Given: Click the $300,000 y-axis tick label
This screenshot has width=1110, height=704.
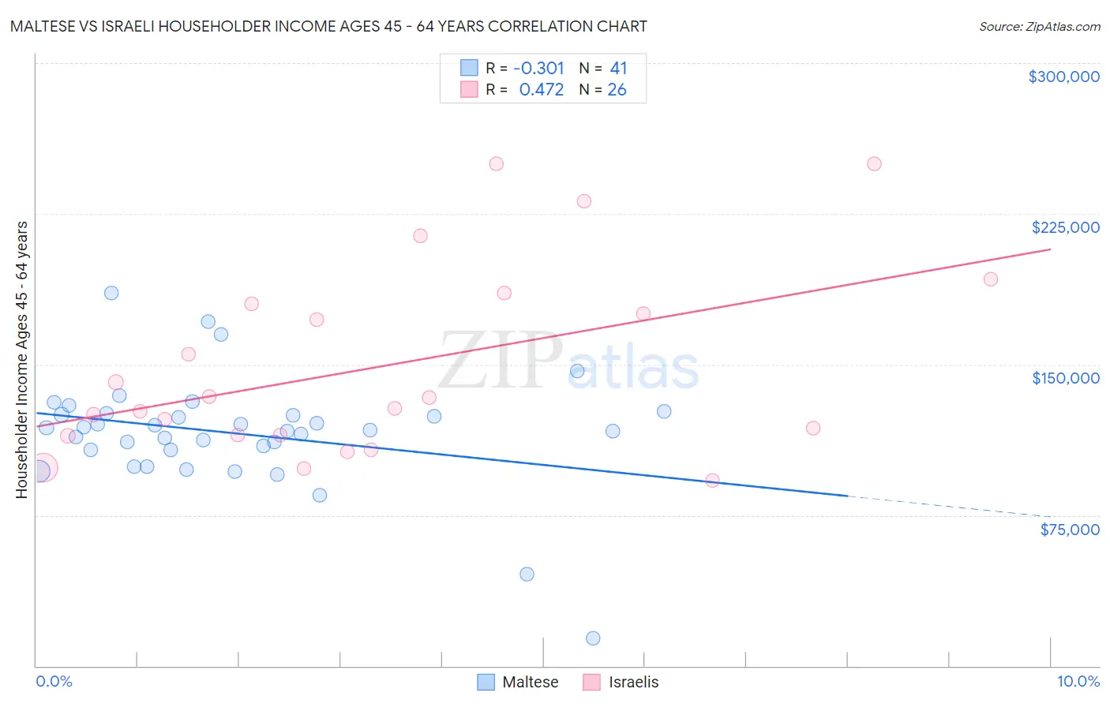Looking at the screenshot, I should coord(1063,77).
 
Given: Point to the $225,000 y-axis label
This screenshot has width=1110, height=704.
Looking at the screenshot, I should coord(1065,227).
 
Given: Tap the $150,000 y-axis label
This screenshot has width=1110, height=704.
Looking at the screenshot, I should coord(1065,378).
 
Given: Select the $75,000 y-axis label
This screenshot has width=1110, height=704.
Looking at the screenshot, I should coord(1069,530).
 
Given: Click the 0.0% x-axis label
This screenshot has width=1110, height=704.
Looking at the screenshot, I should coord(54,681).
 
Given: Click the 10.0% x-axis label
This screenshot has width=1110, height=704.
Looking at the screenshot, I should coord(1078,681).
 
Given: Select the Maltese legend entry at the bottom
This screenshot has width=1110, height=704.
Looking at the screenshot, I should coord(518,682).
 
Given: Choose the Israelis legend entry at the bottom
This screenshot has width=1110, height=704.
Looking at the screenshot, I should coord(621,682).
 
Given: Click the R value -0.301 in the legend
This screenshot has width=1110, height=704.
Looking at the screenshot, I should coord(538,68).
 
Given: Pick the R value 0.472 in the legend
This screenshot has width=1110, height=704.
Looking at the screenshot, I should coord(541,90).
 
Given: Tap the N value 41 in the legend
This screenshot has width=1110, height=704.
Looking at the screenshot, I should coord(618,68).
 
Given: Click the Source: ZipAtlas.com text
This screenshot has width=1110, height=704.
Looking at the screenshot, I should coord(1039,27).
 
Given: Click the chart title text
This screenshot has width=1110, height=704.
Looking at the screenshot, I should coord(328,27).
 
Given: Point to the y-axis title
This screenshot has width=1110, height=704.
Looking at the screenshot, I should coord(21,360).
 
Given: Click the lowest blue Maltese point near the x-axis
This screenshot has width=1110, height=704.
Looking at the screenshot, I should coord(593,638).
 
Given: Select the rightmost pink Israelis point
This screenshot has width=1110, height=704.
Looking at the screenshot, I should coord(990,279).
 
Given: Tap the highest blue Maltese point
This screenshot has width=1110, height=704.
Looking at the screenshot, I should coord(111,293).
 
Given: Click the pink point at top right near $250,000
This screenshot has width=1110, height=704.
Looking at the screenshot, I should coord(874,164).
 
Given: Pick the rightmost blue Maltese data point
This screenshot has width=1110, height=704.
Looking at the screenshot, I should coord(664,411).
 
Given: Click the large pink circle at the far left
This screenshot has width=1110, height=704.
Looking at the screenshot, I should coord(43,468).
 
